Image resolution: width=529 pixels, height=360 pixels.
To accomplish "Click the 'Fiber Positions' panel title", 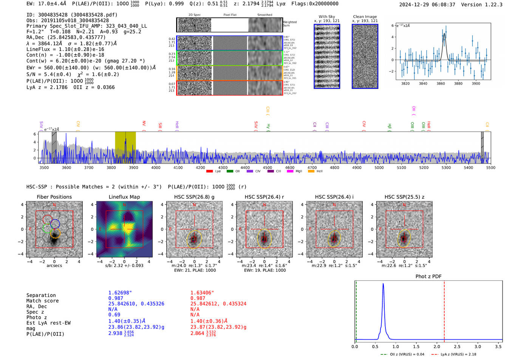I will tap(54, 197).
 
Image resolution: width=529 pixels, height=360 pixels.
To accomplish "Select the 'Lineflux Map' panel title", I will tap(124, 197).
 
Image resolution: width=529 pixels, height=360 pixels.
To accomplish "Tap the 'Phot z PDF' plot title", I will tap(428, 277).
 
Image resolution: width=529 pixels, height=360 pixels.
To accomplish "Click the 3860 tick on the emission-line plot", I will tap(441, 83).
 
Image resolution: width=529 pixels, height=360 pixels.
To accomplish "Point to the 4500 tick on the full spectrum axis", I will tap(268, 167).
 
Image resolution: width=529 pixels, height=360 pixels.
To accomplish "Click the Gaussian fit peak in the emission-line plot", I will tap(444, 34).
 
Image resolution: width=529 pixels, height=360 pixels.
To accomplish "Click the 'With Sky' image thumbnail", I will tap(327, 56).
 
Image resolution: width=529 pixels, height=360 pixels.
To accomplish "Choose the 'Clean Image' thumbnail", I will tap(365, 56).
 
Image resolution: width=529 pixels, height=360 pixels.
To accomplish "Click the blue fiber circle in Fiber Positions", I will tap(55, 223).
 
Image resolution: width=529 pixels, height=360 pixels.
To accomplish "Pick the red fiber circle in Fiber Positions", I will tap(48, 219).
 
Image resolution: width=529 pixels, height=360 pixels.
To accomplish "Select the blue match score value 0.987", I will tap(116, 298).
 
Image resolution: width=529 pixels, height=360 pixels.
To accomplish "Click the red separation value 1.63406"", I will tap(202, 293).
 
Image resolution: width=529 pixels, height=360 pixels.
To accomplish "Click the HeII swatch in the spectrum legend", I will tap(311, 171).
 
